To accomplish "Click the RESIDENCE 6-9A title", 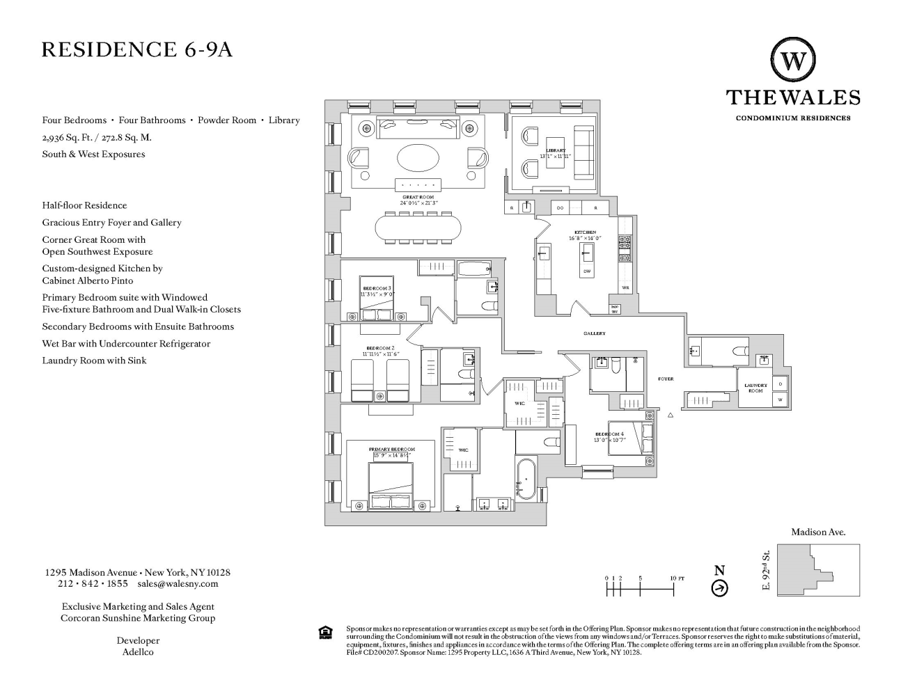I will pyautogui.click(x=137, y=50).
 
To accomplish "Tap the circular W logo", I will pyautogui.click(x=792, y=61).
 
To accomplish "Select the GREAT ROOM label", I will pyautogui.click(x=418, y=198).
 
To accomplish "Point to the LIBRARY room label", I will pyautogui.click(x=556, y=150).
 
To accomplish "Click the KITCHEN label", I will pyautogui.click(x=585, y=232).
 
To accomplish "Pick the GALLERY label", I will pyautogui.click(x=595, y=333).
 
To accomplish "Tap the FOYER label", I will pyautogui.click(x=666, y=379).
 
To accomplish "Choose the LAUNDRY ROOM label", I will pyautogui.click(x=755, y=388).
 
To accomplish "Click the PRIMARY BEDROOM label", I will pyautogui.click(x=391, y=450).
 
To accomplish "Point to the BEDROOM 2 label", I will pyautogui.click(x=380, y=347).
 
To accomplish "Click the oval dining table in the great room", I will pyautogui.click(x=418, y=227).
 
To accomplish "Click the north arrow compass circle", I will pyautogui.click(x=719, y=589).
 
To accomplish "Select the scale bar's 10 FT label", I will pyautogui.click(x=677, y=578).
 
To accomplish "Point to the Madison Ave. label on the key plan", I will pyautogui.click(x=818, y=532).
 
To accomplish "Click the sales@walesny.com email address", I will pyautogui.click(x=178, y=584).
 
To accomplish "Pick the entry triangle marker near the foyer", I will pyautogui.click(x=671, y=415).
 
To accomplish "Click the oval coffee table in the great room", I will pyautogui.click(x=418, y=157).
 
